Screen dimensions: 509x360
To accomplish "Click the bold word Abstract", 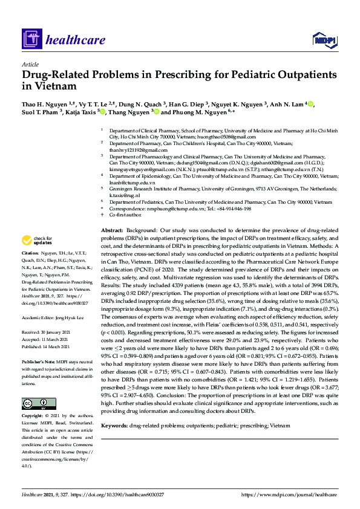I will [112, 231].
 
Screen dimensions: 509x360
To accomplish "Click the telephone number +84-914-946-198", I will [232, 209].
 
